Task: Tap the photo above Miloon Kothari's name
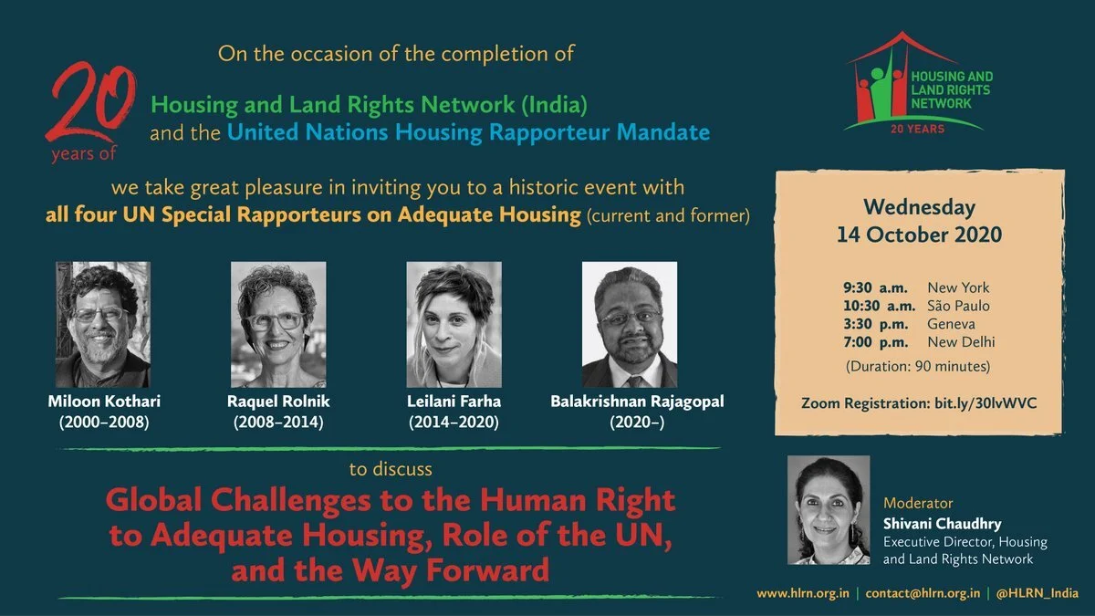click(103, 324)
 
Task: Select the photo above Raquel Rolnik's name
click(278, 324)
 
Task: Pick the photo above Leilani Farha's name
click(454, 324)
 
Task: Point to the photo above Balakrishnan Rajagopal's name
click(630, 324)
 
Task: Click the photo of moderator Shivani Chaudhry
click(828, 509)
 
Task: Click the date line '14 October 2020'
click(919, 235)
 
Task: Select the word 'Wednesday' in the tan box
click(919, 207)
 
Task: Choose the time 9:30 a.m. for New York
click(875, 287)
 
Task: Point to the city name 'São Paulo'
click(958, 306)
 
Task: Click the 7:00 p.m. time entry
click(875, 342)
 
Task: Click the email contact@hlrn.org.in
click(923, 593)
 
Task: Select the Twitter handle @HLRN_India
click(1038, 593)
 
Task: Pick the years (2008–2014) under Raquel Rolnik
click(278, 423)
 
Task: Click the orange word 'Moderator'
click(918, 503)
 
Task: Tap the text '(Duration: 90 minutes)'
click(919, 367)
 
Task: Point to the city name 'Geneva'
click(951, 324)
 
